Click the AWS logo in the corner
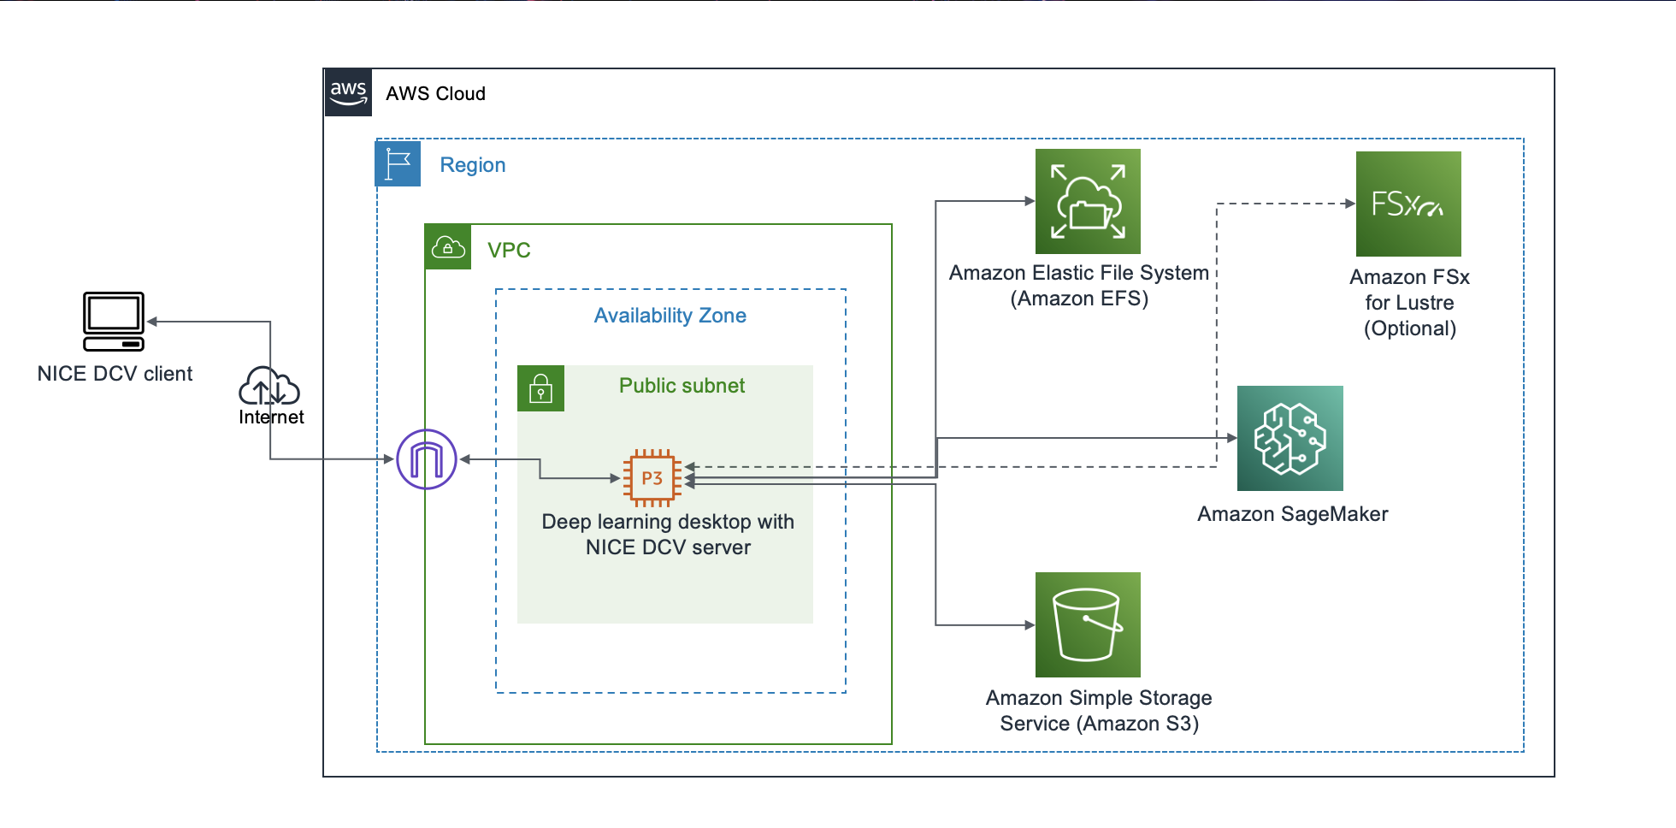(348, 92)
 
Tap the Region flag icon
(398, 163)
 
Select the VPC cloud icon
(448, 247)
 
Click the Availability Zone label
(670, 316)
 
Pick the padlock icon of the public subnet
(540, 388)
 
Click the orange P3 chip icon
(652, 478)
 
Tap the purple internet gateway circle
(427, 459)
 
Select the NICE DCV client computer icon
(114, 322)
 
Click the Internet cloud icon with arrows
(269, 387)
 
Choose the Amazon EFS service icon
(1088, 202)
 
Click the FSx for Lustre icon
(1408, 204)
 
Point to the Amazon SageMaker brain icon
(1289, 438)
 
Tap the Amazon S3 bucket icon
(1088, 624)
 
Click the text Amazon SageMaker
(1292, 514)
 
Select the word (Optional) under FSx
(1409, 328)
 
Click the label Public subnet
(682, 386)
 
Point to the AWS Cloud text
(435, 93)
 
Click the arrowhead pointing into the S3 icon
(1030, 625)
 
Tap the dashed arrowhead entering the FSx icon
(1350, 204)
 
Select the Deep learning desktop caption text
(668, 535)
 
